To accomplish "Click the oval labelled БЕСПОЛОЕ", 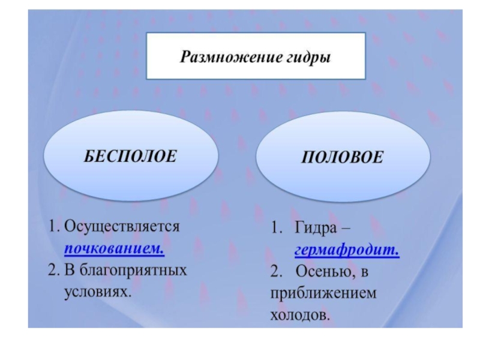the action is pos(130,156).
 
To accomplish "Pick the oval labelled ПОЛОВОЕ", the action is pos(343,157).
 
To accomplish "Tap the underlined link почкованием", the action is pos(114,248).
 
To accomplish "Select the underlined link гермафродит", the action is pos(347,250).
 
